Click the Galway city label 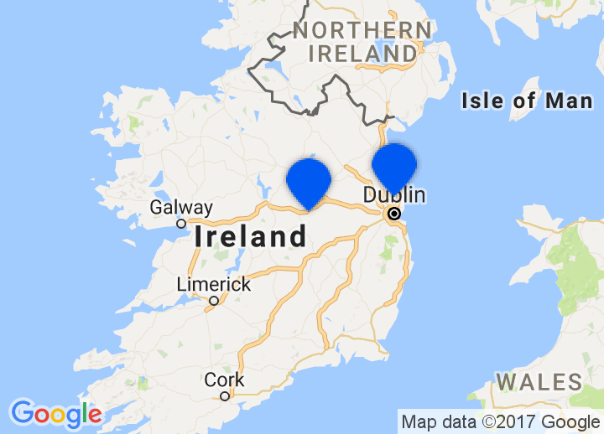click(181, 208)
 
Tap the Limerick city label click(213, 285)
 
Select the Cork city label click(225, 380)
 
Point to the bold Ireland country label click(251, 237)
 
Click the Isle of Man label click(527, 101)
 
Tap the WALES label click(539, 383)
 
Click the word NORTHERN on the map click(362, 31)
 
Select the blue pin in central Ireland click(309, 181)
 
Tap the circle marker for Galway click(181, 224)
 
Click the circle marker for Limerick click(214, 301)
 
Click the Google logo click(55, 413)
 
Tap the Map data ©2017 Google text click(500, 421)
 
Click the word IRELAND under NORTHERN click(362, 54)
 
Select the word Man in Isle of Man click(567, 101)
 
